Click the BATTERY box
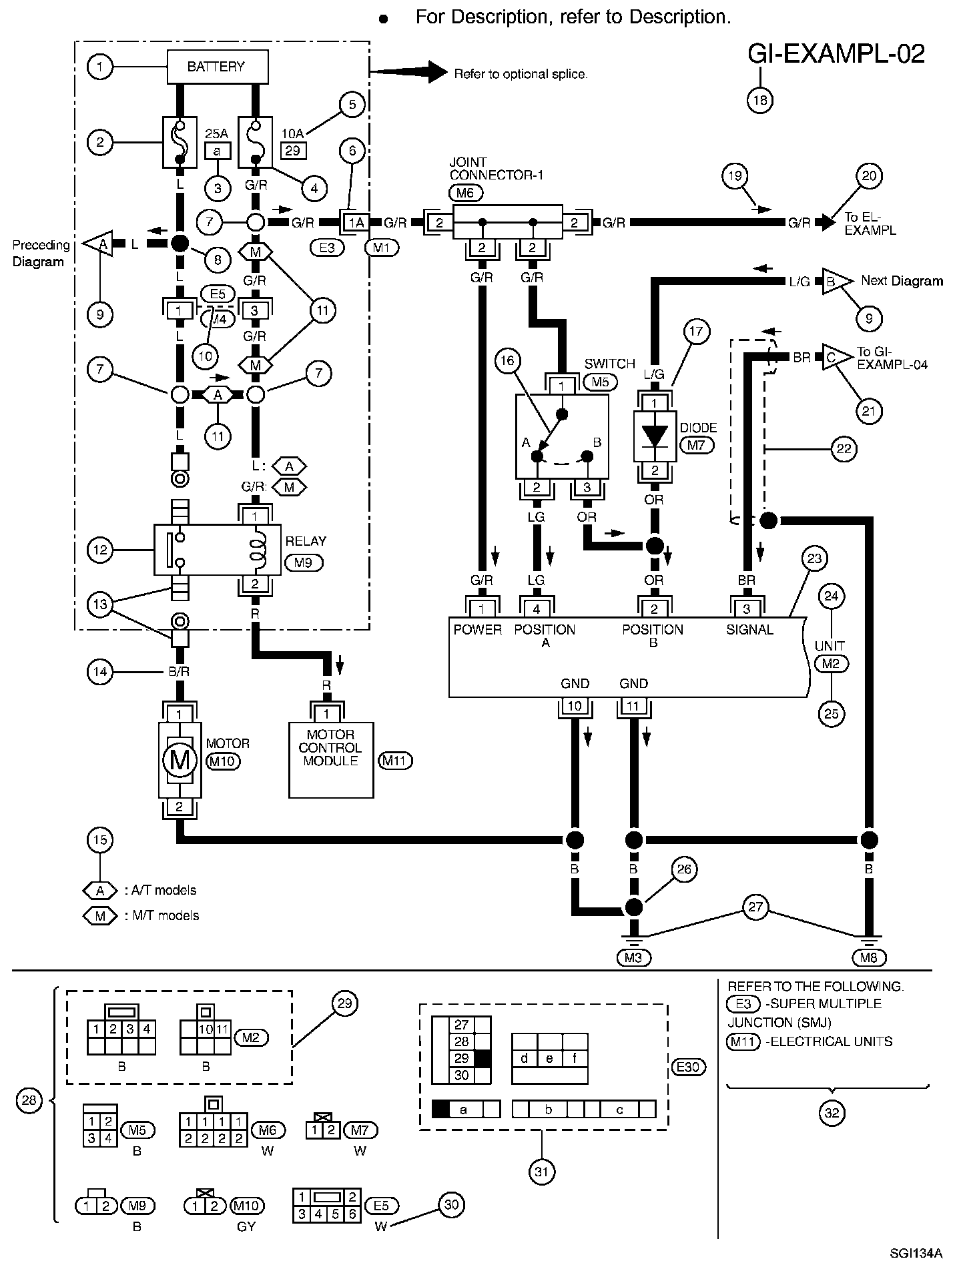pyautogui.click(x=217, y=67)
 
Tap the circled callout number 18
pyautogui.click(x=759, y=100)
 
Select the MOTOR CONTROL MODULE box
pyautogui.click(x=331, y=760)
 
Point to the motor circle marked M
pyautogui.click(x=180, y=760)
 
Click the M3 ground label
pyautogui.click(x=633, y=957)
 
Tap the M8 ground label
pyautogui.click(x=869, y=957)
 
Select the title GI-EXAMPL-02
pyautogui.click(x=836, y=54)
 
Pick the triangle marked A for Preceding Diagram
pyautogui.click(x=97, y=245)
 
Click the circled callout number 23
pyautogui.click(x=814, y=558)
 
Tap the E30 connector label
pyautogui.click(x=687, y=1067)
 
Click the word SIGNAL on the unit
pyautogui.click(x=749, y=630)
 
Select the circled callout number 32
pyautogui.click(x=832, y=1112)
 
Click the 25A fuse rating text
pyautogui.click(x=216, y=133)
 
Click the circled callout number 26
pyautogui.click(x=685, y=869)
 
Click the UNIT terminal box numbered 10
pyautogui.click(x=575, y=707)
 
